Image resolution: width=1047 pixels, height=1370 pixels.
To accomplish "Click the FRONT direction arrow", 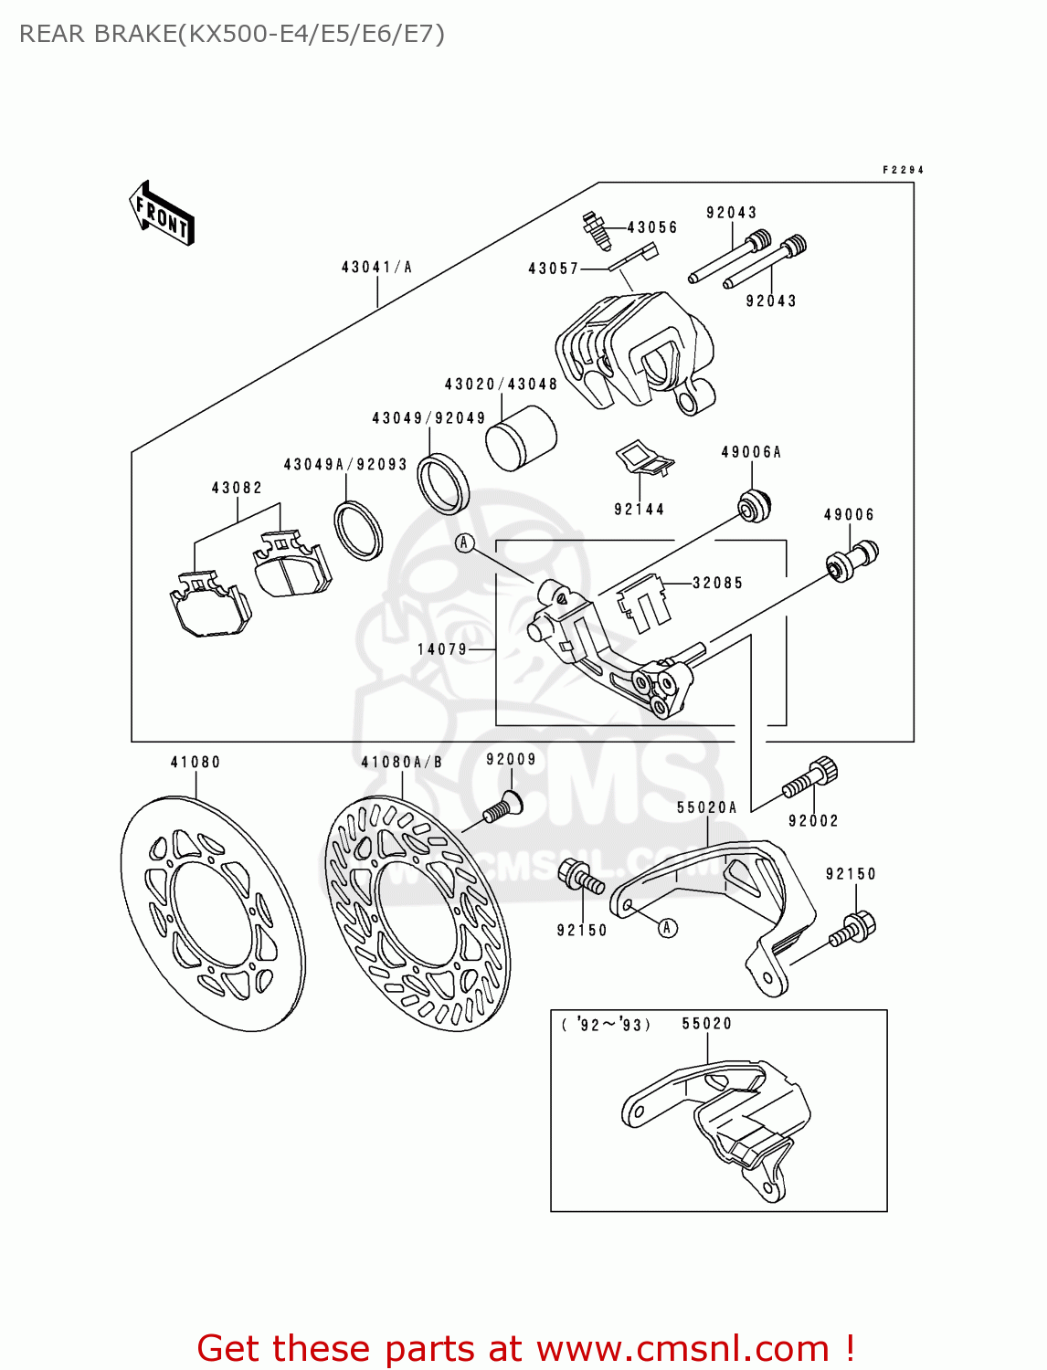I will click(162, 214).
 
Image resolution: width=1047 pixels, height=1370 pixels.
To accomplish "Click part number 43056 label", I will click(652, 227).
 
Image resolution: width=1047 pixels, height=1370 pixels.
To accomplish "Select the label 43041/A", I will click(376, 267).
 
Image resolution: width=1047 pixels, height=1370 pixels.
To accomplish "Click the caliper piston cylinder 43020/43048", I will click(520, 437).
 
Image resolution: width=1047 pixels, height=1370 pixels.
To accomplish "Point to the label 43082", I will click(237, 488).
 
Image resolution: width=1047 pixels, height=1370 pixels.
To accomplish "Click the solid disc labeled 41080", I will click(213, 913).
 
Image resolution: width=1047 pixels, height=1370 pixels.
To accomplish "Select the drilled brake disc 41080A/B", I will click(418, 913).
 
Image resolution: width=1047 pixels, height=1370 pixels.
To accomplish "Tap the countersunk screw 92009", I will click(502, 808).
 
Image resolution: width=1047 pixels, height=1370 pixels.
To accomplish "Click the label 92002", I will click(813, 820).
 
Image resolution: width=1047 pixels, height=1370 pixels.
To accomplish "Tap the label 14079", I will click(442, 649).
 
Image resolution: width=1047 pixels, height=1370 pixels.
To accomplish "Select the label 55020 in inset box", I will click(706, 1023).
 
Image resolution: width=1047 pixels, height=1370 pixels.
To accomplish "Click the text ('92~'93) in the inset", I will click(606, 1024).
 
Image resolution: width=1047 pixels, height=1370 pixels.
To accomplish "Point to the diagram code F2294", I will click(903, 170).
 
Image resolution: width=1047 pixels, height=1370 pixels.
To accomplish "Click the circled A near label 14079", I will click(465, 543).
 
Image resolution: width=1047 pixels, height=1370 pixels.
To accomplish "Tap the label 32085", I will click(717, 583).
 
